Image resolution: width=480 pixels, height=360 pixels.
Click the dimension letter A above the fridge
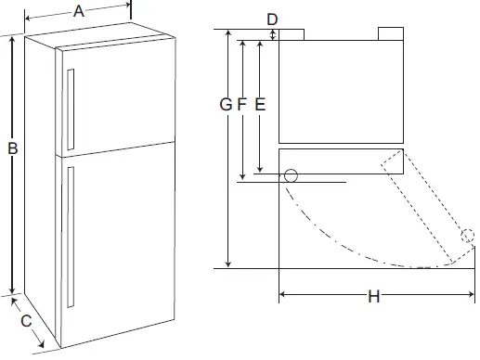(x=79, y=11)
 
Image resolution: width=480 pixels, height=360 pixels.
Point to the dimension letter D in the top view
(x=272, y=19)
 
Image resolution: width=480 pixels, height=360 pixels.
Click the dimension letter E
(x=260, y=105)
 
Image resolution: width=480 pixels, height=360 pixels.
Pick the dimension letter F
(x=242, y=105)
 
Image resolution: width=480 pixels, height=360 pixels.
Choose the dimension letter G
(x=226, y=105)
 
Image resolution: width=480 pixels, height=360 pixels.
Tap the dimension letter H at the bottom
(x=373, y=297)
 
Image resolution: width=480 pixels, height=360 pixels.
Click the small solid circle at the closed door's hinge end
(x=291, y=175)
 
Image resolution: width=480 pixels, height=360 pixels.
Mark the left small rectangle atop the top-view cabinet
(x=292, y=34)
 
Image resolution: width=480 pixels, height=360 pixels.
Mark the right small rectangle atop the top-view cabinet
(x=389, y=34)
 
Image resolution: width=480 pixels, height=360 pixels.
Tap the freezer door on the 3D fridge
(x=116, y=97)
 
